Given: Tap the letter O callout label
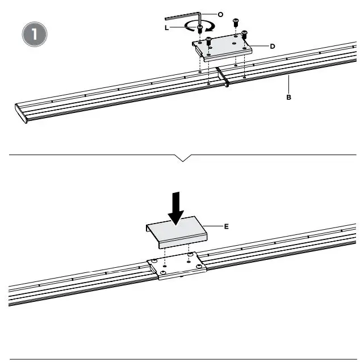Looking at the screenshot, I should click(x=220, y=14).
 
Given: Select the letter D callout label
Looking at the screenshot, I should click(x=273, y=46).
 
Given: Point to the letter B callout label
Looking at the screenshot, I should click(x=289, y=98).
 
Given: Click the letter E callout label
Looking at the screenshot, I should click(x=226, y=226).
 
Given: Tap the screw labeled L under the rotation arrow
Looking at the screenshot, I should click(x=200, y=31).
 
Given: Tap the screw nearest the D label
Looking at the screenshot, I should click(x=245, y=35).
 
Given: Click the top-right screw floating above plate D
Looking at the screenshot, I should click(x=235, y=23).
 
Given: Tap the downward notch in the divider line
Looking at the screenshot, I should click(x=182, y=158).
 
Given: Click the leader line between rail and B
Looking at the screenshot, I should click(x=289, y=86).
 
